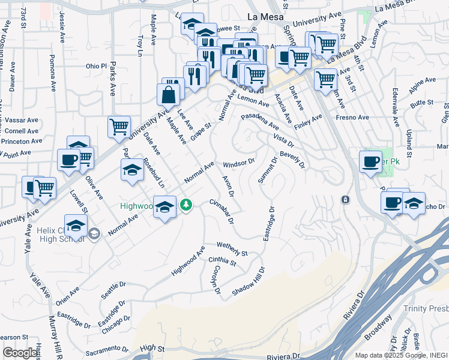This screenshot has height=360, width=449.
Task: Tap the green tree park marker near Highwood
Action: tap(187, 205)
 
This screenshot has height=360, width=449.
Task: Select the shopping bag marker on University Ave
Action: tap(169, 95)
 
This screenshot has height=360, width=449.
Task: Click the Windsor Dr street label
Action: tap(239, 163)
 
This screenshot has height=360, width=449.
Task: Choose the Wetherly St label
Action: tap(232, 248)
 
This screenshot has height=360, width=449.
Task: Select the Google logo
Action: tap(20, 353)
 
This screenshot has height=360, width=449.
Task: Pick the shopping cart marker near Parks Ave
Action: tap(119, 127)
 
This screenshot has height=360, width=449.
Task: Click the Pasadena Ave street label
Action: tap(260, 122)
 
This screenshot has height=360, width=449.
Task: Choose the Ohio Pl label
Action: tap(95, 66)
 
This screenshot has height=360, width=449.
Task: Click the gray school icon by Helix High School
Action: tap(94, 233)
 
